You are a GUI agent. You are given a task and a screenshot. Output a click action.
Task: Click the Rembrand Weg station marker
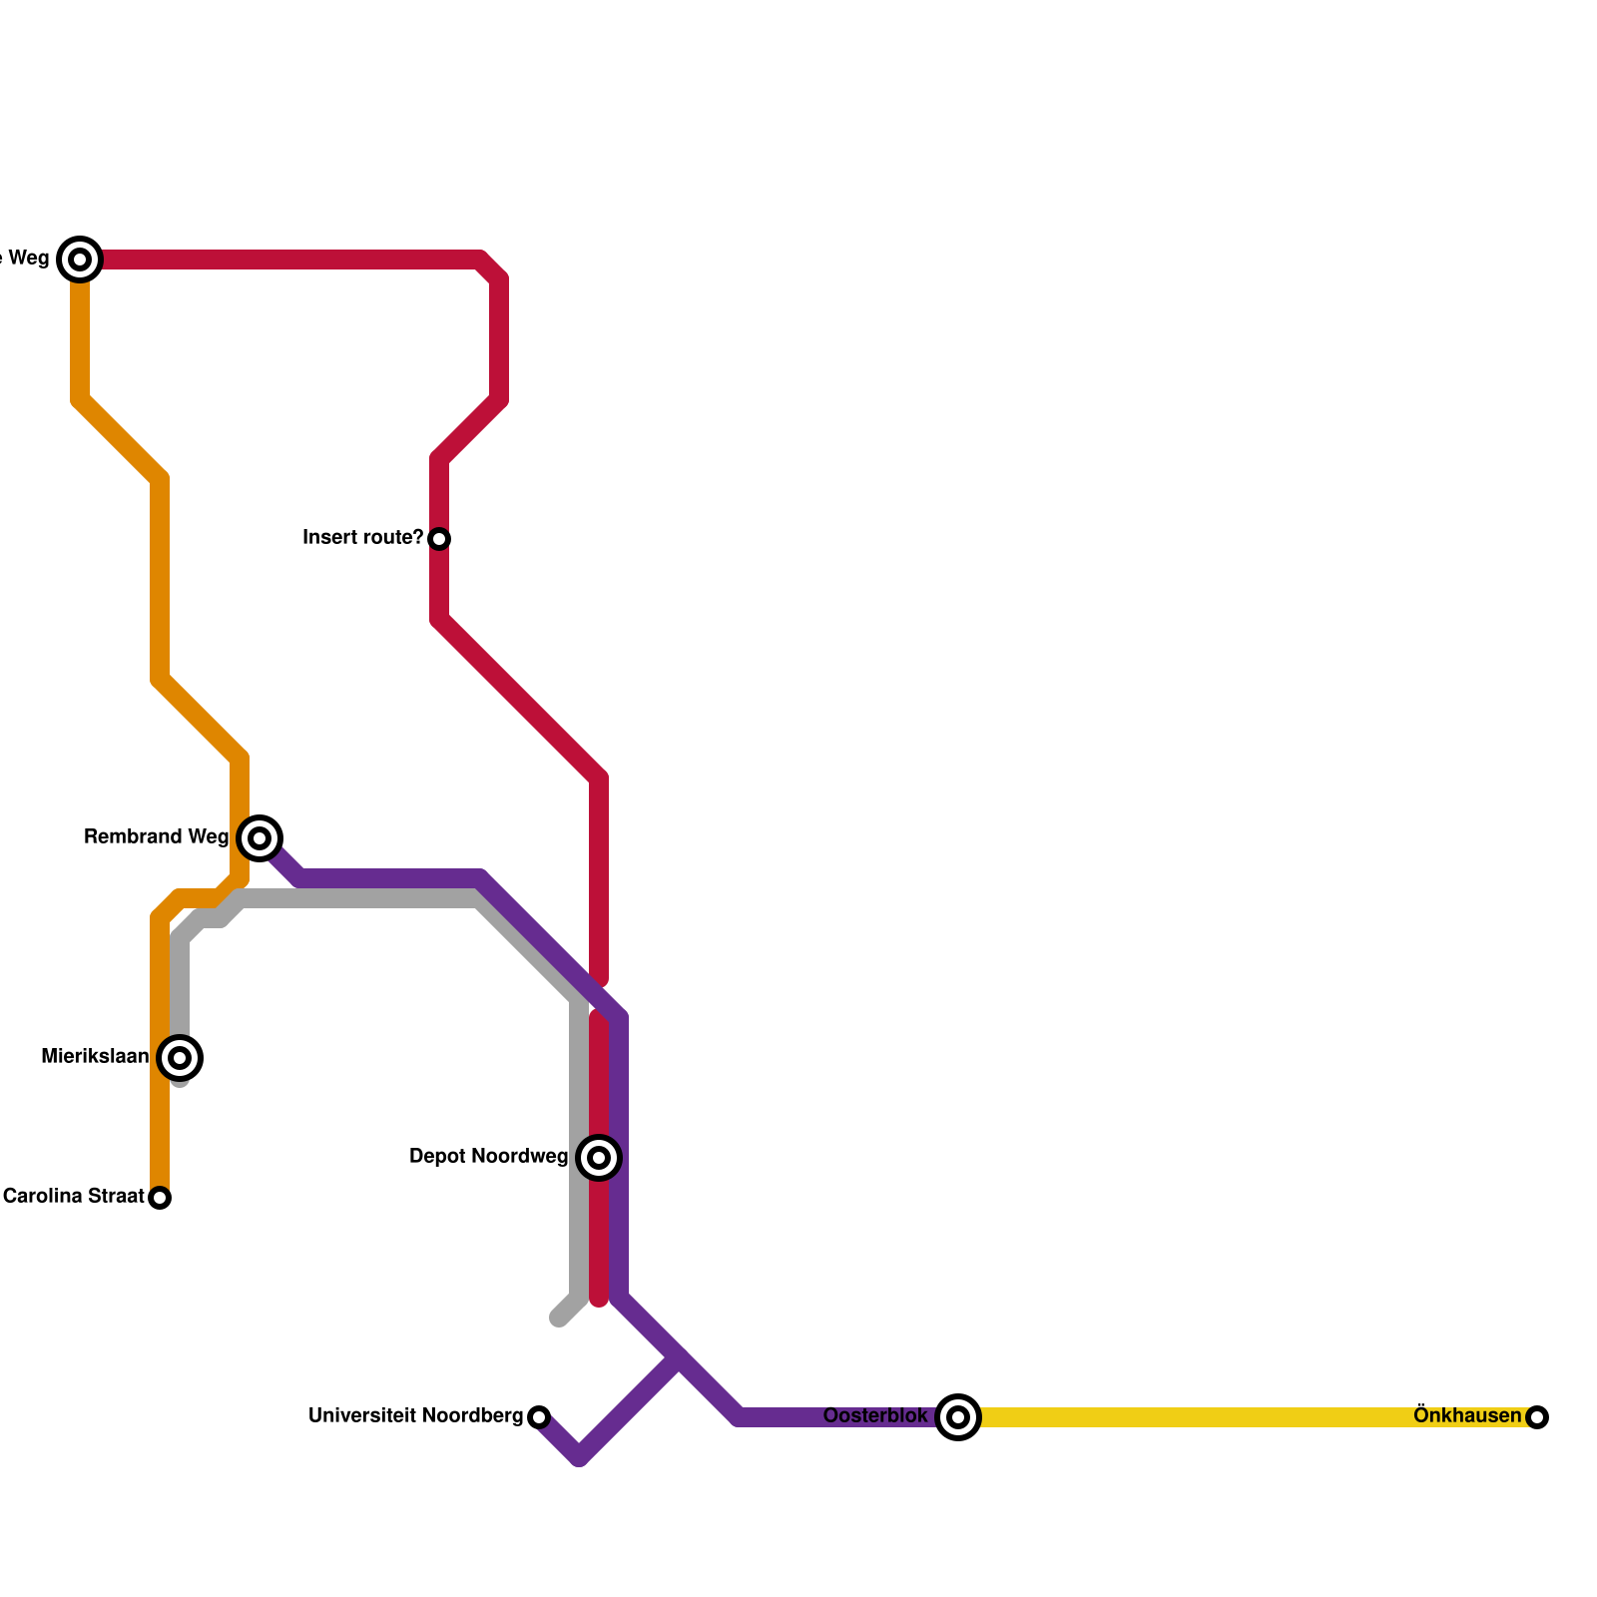tap(260, 837)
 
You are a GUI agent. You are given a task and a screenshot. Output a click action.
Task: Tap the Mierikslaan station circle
tap(180, 1057)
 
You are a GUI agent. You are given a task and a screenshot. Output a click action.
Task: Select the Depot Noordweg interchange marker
tap(599, 1157)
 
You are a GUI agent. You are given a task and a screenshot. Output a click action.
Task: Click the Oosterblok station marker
tap(958, 1416)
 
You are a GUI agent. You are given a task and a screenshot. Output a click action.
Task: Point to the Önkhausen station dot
tap(1537, 1416)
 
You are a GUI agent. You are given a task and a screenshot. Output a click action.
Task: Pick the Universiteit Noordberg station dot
tap(539, 1416)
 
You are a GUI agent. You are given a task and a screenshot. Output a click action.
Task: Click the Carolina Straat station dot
tap(160, 1197)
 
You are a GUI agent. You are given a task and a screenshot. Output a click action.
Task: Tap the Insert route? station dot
tap(439, 539)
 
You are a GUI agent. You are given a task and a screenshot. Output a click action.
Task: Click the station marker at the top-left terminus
tap(80, 260)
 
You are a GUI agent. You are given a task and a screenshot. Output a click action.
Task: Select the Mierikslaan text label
tap(95, 1056)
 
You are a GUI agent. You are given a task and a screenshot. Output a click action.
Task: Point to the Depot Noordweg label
tap(488, 1157)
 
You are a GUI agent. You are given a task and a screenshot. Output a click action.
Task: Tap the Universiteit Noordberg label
tap(415, 1415)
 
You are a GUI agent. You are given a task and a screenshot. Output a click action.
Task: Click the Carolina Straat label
tap(73, 1196)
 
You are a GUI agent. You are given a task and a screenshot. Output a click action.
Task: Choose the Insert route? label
tap(362, 537)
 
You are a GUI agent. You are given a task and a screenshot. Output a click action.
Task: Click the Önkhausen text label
tap(1466, 1414)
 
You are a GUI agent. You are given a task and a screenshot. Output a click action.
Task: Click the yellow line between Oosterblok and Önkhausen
tap(1248, 1416)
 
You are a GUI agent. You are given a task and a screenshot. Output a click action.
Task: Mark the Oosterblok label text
tap(875, 1415)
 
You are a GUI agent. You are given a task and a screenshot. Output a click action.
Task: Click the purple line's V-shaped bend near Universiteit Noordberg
tap(579, 1457)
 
